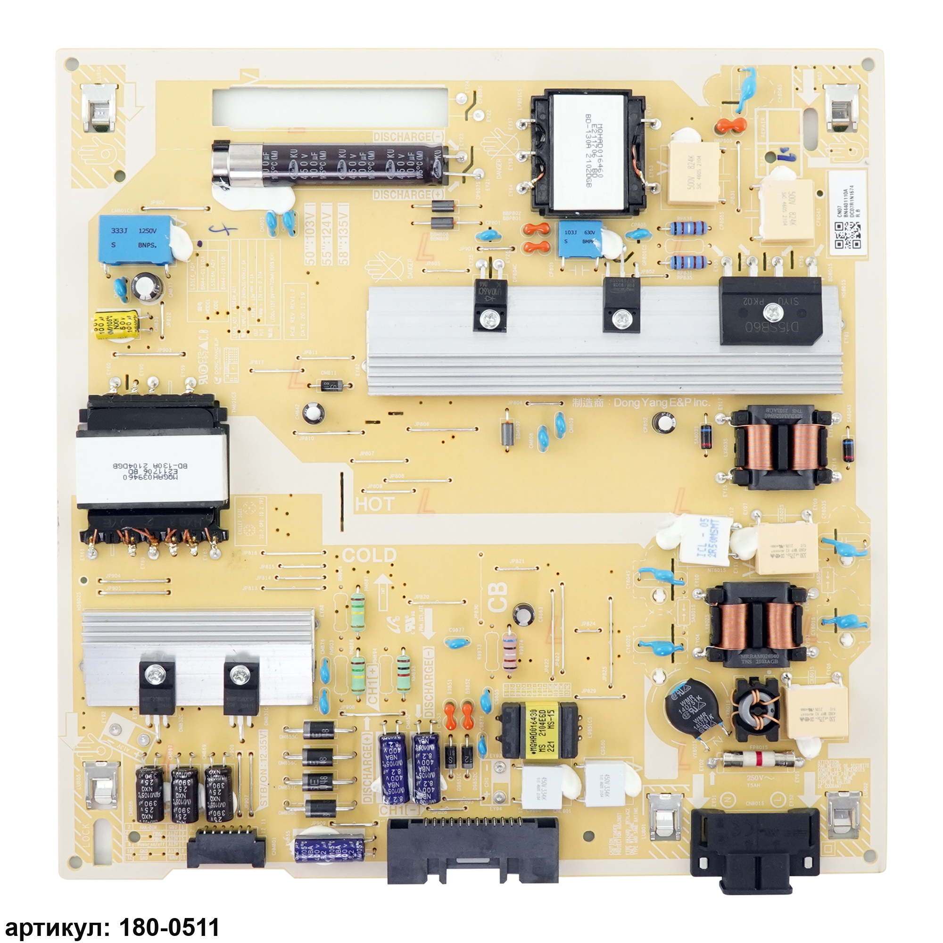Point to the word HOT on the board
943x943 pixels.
pyautogui.click(x=374, y=503)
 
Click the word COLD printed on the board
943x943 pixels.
pyautogui.click(x=369, y=555)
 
